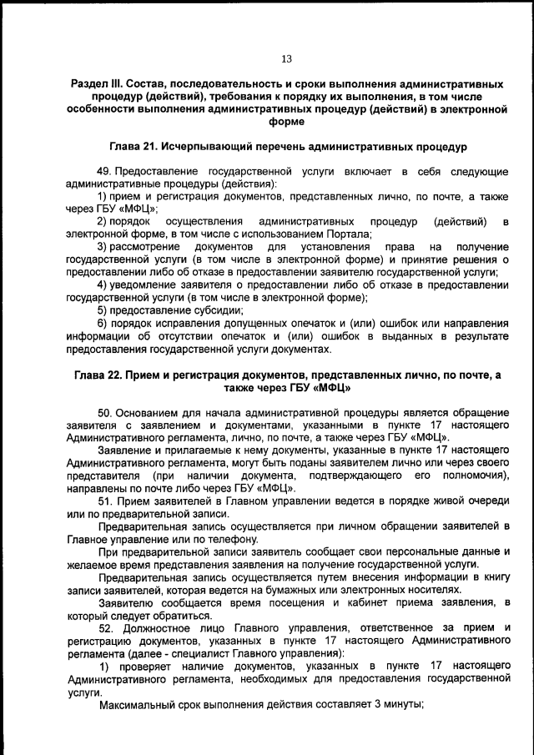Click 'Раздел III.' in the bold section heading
96,85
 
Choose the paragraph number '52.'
106,627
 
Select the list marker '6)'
103,323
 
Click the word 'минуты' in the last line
402,704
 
